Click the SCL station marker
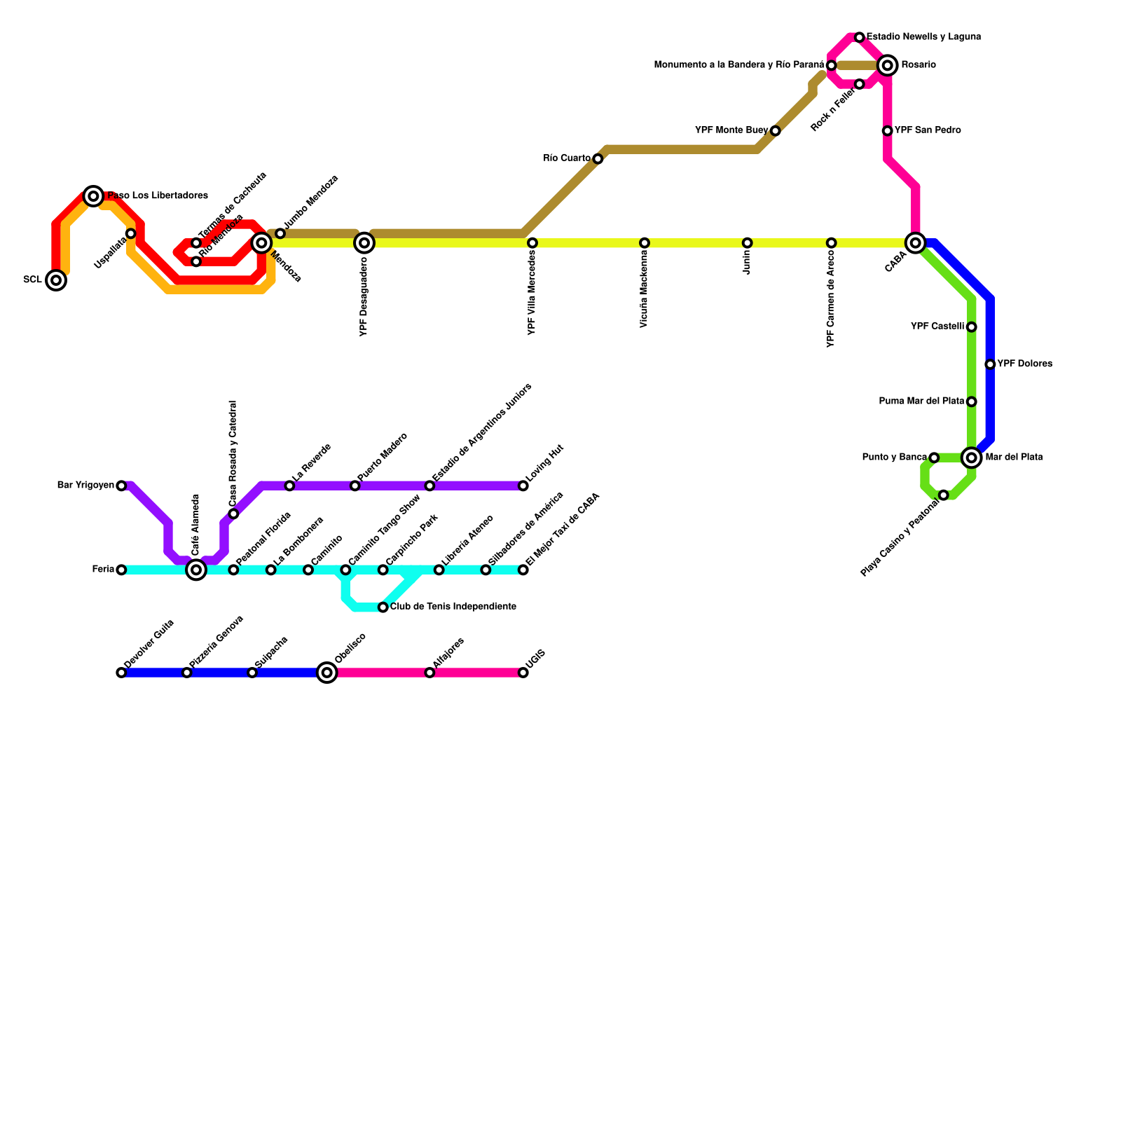point(56,280)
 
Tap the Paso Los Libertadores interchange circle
point(93,196)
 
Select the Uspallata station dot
point(131,233)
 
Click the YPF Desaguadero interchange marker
point(364,243)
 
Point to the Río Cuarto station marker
point(598,159)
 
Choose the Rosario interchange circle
point(888,65)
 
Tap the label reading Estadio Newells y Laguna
point(923,36)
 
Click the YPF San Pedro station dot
point(888,131)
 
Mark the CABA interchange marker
point(916,243)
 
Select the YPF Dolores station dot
point(990,364)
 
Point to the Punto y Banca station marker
point(934,458)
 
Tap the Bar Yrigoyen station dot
point(121,486)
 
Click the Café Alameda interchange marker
point(196,570)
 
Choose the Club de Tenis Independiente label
point(453,607)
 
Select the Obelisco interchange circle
point(327,673)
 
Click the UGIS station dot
point(523,673)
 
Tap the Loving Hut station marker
point(523,486)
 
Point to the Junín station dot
point(748,243)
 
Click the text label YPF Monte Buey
point(731,130)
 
